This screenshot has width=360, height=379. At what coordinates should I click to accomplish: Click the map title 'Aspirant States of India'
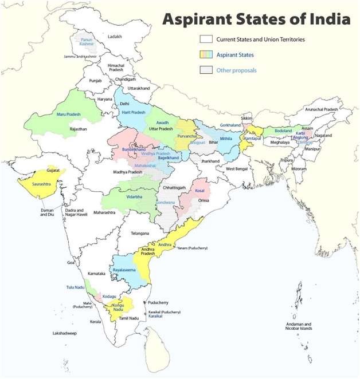(x=256, y=20)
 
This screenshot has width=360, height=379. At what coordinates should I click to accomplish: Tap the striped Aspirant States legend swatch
(x=206, y=55)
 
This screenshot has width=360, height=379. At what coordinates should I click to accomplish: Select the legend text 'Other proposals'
(x=236, y=70)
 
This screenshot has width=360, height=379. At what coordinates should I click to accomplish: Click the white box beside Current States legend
(x=206, y=40)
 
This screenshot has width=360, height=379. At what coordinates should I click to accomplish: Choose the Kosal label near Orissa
(x=200, y=190)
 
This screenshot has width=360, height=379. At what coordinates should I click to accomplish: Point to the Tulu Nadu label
(x=76, y=287)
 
